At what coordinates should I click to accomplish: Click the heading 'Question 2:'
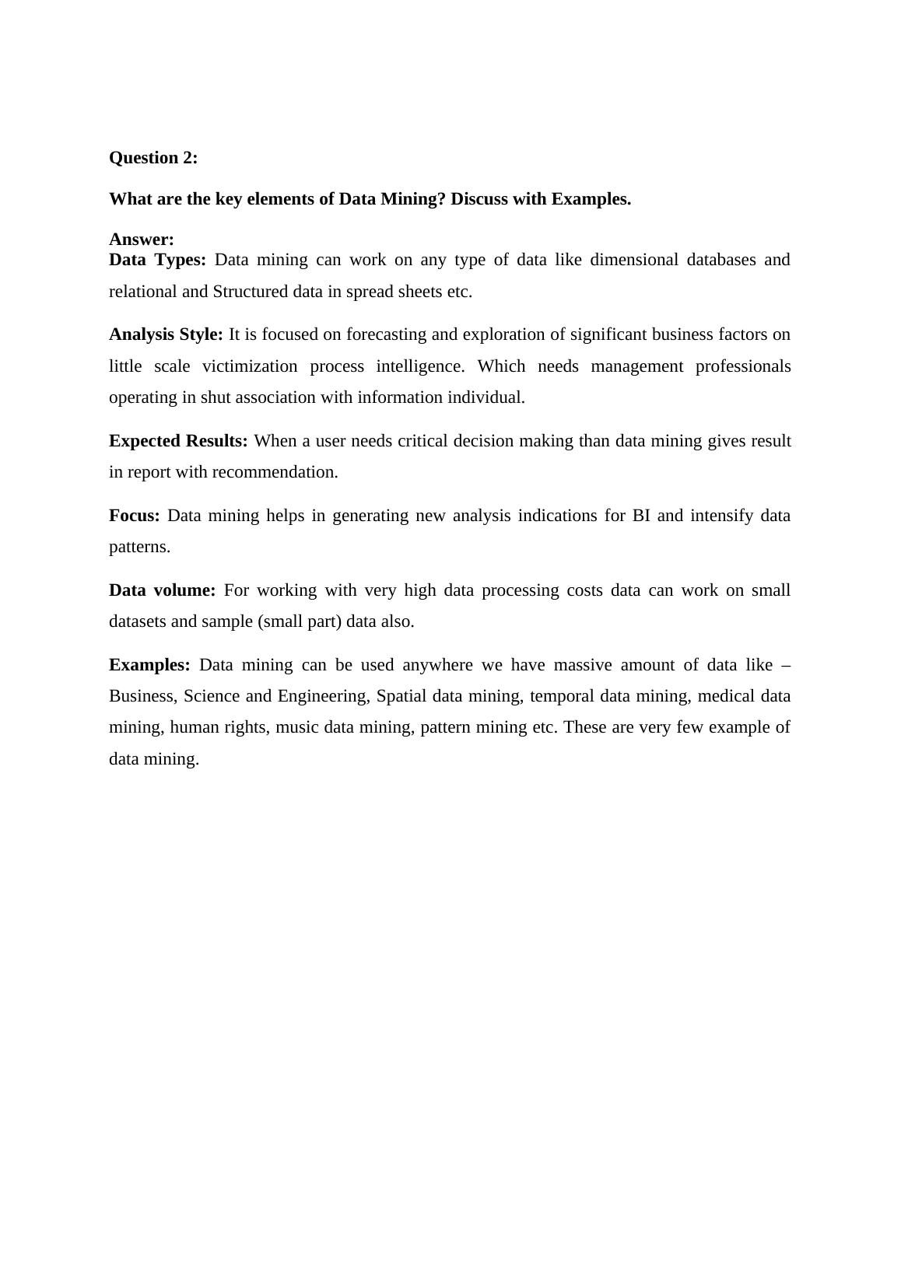[153, 158]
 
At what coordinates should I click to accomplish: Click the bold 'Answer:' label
[142, 239]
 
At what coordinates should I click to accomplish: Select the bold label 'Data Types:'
[157, 260]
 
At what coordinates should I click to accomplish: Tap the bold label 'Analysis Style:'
[166, 334]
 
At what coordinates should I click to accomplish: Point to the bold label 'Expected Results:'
[178, 441]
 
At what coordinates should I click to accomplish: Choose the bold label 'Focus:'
[134, 516]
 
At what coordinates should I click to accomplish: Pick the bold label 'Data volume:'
[162, 590]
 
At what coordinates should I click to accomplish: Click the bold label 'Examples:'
[149, 665]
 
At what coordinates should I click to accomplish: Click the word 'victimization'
[250, 366]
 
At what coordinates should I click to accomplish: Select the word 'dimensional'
[634, 260]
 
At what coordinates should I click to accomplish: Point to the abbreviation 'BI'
[641, 516]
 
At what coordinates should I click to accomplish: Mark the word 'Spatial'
[401, 696]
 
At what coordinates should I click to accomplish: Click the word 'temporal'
[562, 696]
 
